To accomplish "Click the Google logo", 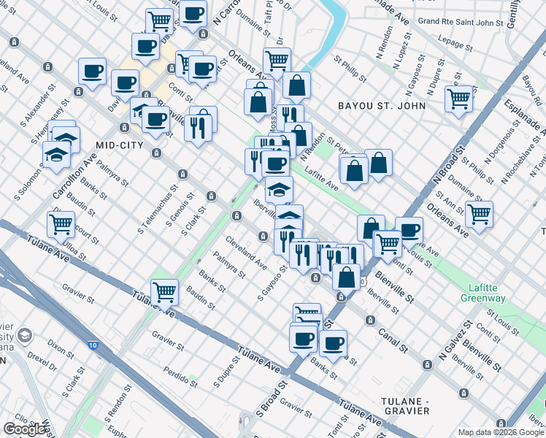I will [24, 429].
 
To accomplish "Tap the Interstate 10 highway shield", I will [94, 344].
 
